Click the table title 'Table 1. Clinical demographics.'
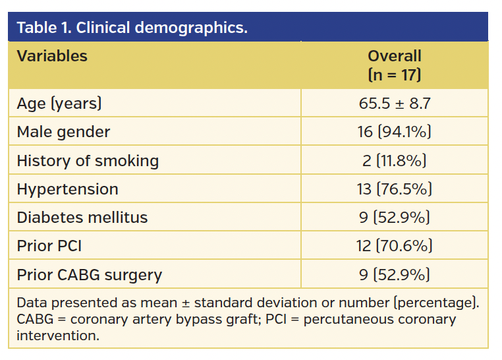point(132,28)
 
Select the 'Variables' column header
point(52,56)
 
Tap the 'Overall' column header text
point(394,56)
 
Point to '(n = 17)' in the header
point(394,75)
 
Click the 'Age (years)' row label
point(59,104)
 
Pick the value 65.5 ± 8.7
point(394,104)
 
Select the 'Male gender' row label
point(63,132)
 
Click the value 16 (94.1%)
point(394,132)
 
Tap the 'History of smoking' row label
point(88,160)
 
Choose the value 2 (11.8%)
point(394,160)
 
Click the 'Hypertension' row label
point(67,189)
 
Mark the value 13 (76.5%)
point(394,189)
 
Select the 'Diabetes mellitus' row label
point(82,218)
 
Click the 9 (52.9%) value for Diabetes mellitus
point(394,218)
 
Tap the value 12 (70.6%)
point(394,246)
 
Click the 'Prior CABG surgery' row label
point(89,274)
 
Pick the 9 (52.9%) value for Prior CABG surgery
point(394,274)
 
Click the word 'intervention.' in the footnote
point(58,335)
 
